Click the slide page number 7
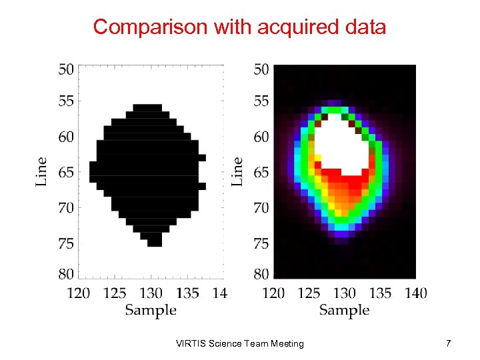(449, 343)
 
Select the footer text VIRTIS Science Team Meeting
(239, 343)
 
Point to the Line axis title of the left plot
(41, 171)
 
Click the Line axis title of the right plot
(237, 171)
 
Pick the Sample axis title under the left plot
(151, 310)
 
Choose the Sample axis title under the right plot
(344, 310)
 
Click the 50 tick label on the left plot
(66, 69)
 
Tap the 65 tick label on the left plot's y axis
(66, 172)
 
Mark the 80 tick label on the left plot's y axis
(66, 273)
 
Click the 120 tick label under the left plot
(79, 293)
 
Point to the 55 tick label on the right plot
(261, 101)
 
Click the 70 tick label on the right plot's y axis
(261, 208)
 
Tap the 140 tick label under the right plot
(415, 293)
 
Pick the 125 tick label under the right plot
(309, 293)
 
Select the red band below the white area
(343, 176)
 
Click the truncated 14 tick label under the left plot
(219, 293)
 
